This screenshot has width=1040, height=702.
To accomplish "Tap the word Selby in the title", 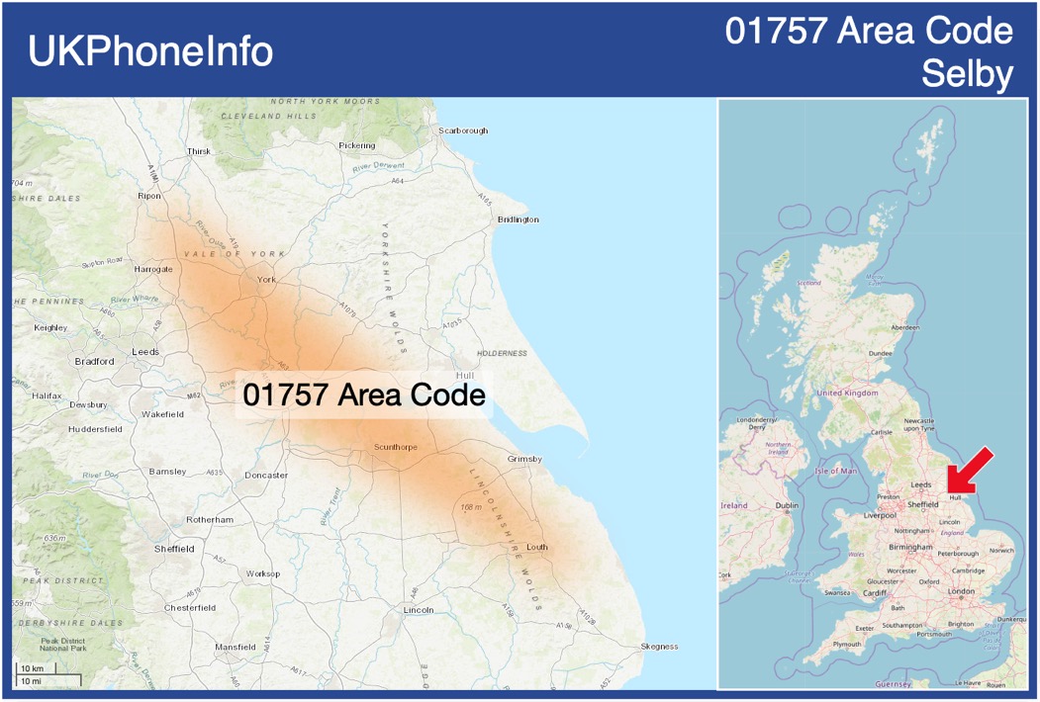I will tap(967, 74).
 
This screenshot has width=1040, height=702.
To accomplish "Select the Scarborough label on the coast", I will tap(463, 131).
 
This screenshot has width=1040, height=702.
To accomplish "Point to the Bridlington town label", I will tap(518, 219).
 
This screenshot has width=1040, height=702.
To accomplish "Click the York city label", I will tap(266, 280).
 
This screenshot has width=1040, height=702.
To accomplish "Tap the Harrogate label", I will tap(153, 269).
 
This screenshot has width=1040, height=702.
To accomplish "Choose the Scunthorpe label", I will tap(396, 447).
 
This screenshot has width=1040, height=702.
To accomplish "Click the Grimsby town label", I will tap(524, 459).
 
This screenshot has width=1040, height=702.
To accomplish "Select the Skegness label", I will tap(659, 647).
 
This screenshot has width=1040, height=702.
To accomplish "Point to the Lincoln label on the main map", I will tap(419, 610).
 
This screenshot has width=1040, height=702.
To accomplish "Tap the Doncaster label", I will tap(266, 476).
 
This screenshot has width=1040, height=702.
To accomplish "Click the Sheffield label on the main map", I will tap(174, 548).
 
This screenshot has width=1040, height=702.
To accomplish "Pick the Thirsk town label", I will tap(199, 151).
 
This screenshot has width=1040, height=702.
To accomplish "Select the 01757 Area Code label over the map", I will tap(364, 395).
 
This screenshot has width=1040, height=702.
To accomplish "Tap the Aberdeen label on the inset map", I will tap(904, 327).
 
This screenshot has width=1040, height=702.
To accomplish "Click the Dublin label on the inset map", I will tap(787, 506).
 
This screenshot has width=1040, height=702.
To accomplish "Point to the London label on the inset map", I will tap(961, 591).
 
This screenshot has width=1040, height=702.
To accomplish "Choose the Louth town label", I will tap(537, 547).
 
